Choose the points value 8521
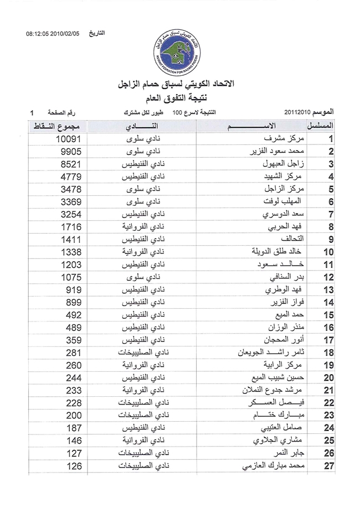70,164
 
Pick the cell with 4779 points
70,177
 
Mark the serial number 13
328,291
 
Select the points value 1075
70,278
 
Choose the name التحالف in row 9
294,240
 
